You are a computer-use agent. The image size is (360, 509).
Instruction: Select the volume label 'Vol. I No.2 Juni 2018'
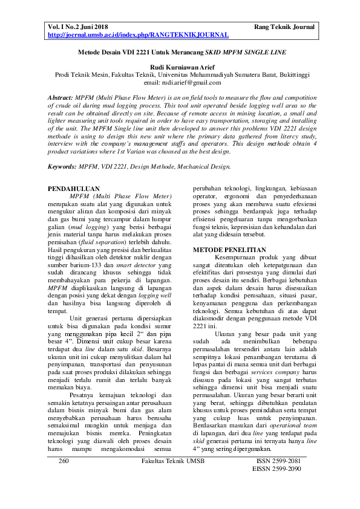(79, 27)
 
